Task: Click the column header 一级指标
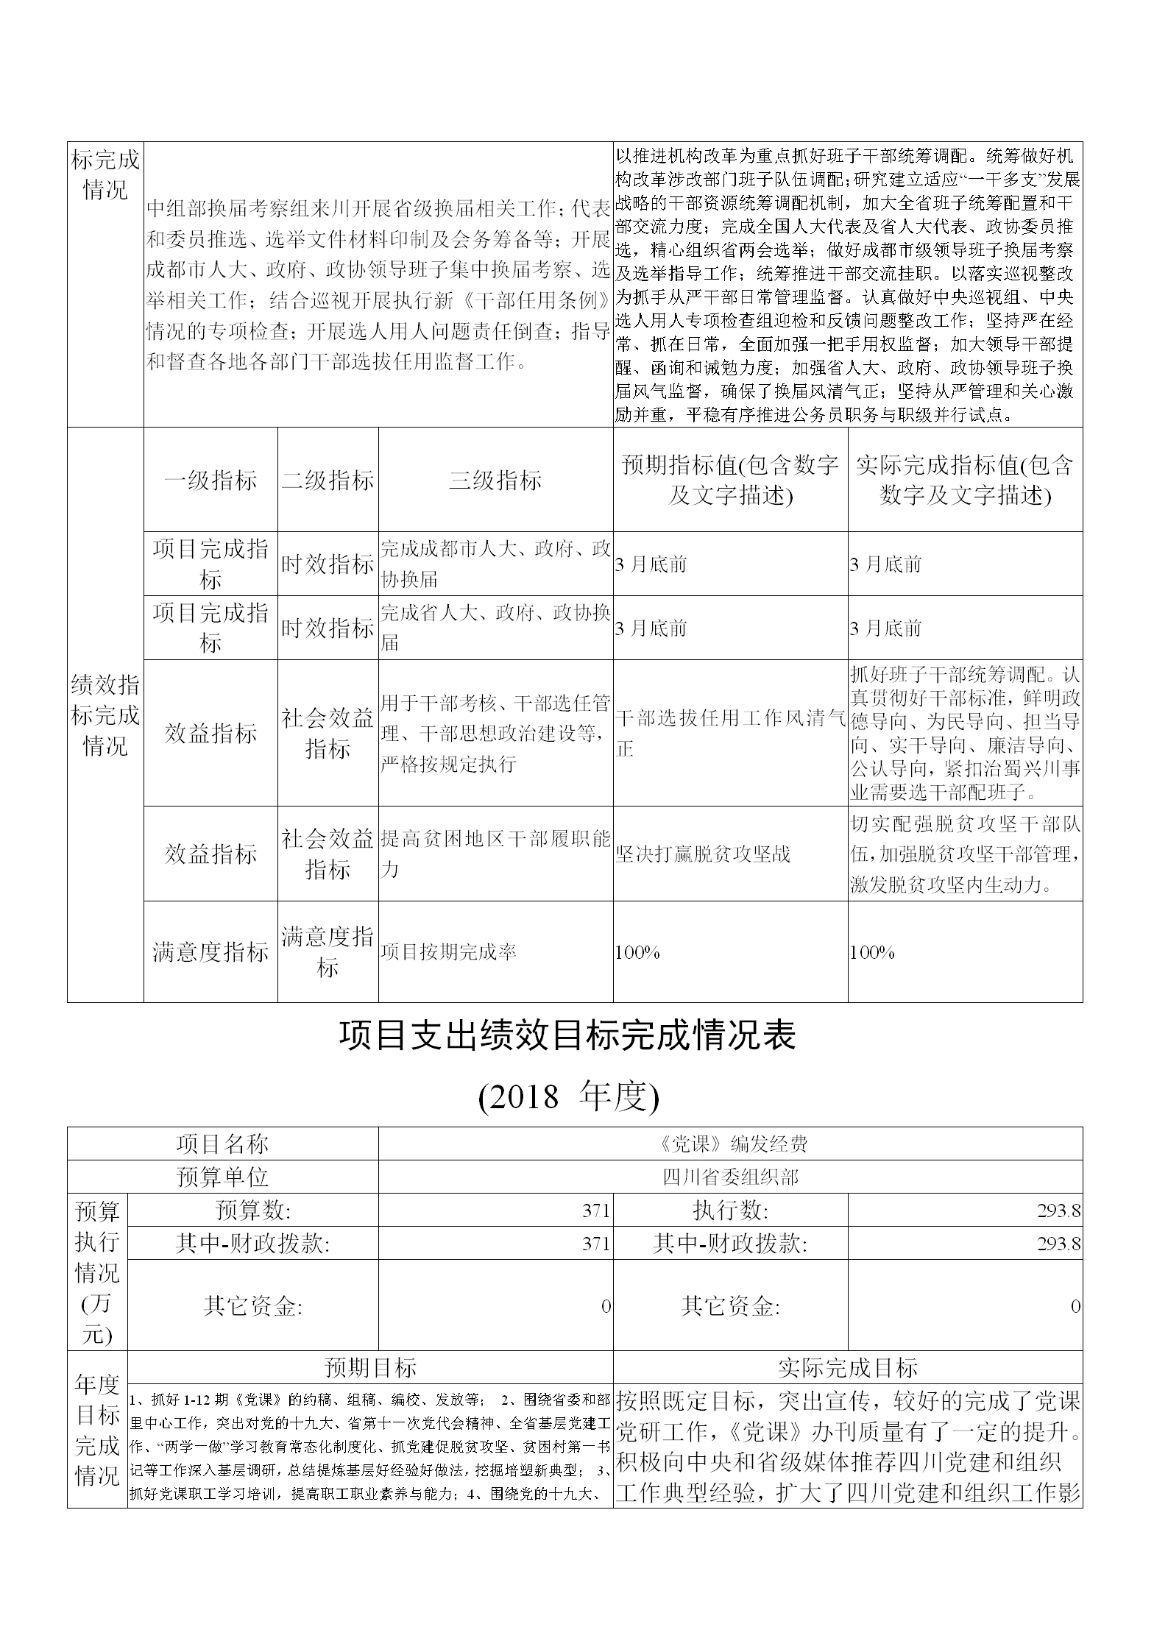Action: pyautogui.click(x=210, y=481)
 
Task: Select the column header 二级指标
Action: pyautogui.click(x=328, y=481)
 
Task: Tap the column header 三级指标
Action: pyautogui.click(x=495, y=481)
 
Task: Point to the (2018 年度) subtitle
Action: pyautogui.click(x=567, y=1096)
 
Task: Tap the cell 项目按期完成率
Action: pyautogui.click(x=449, y=952)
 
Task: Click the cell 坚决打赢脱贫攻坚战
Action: pyautogui.click(x=702, y=854)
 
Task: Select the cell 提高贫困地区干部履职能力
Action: pyautogui.click(x=495, y=854)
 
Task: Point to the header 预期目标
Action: pyautogui.click(x=370, y=1367)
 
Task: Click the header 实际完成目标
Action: pyautogui.click(x=847, y=1367)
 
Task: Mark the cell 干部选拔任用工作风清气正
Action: pyautogui.click(x=729, y=733)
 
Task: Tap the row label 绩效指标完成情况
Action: pyautogui.click(x=105, y=715)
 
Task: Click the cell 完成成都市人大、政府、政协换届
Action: pyautogui.click(x=495, y=564)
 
